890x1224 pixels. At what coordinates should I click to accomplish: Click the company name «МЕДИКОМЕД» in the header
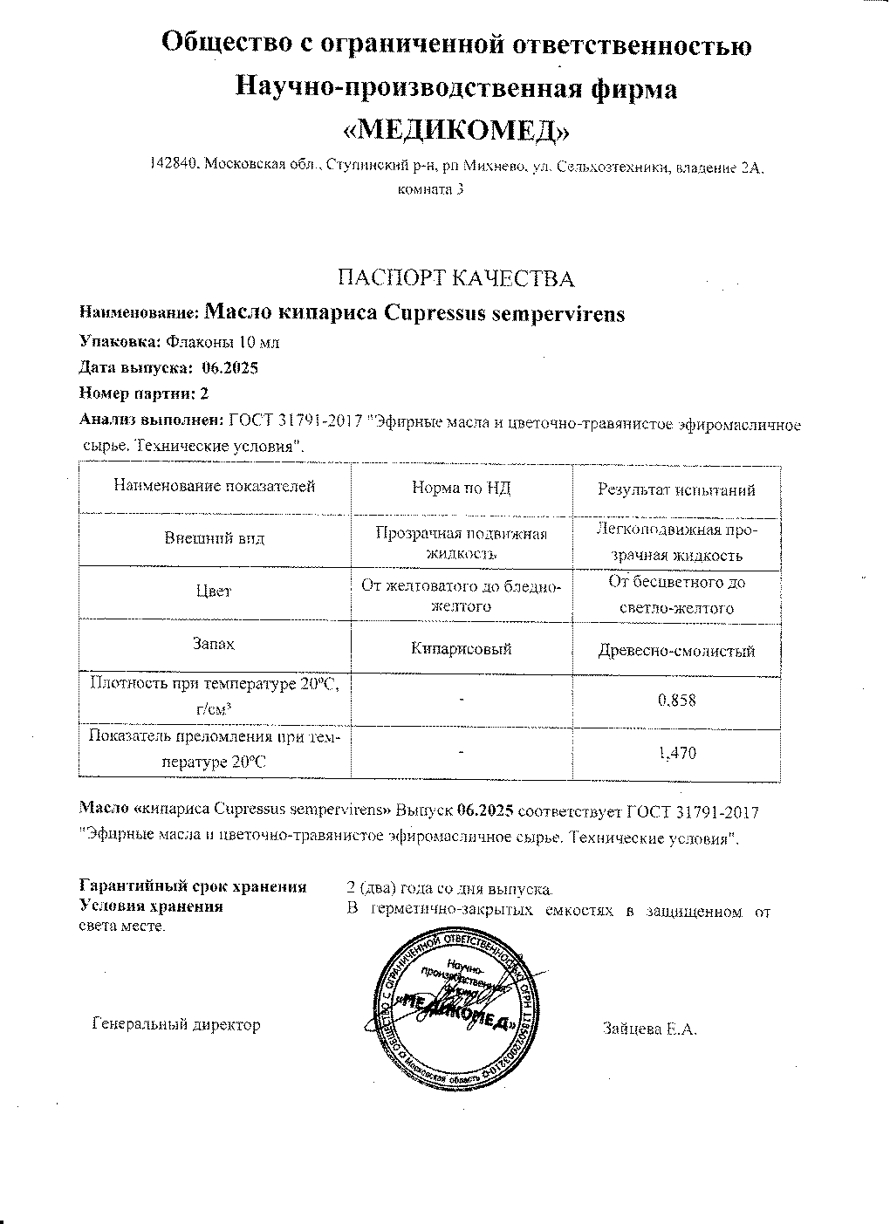[456, 130]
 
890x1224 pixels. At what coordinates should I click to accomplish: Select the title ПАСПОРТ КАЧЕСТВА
[456, 278]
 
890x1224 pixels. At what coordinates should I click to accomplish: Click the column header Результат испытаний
[675, 489]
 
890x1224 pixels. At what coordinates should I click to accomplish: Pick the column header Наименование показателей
[214, 487]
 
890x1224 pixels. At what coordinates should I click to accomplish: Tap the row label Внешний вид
[215, 538]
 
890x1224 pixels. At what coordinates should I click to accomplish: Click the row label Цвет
[214, 591]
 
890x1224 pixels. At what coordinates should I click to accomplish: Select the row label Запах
[214, 644]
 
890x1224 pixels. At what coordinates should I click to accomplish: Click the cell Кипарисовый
[461, 648]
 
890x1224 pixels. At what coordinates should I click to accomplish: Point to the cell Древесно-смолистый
[676, 651]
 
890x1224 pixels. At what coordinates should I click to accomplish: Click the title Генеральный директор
[176, 1025]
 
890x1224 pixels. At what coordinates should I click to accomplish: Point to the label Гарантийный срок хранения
[193, 887]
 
